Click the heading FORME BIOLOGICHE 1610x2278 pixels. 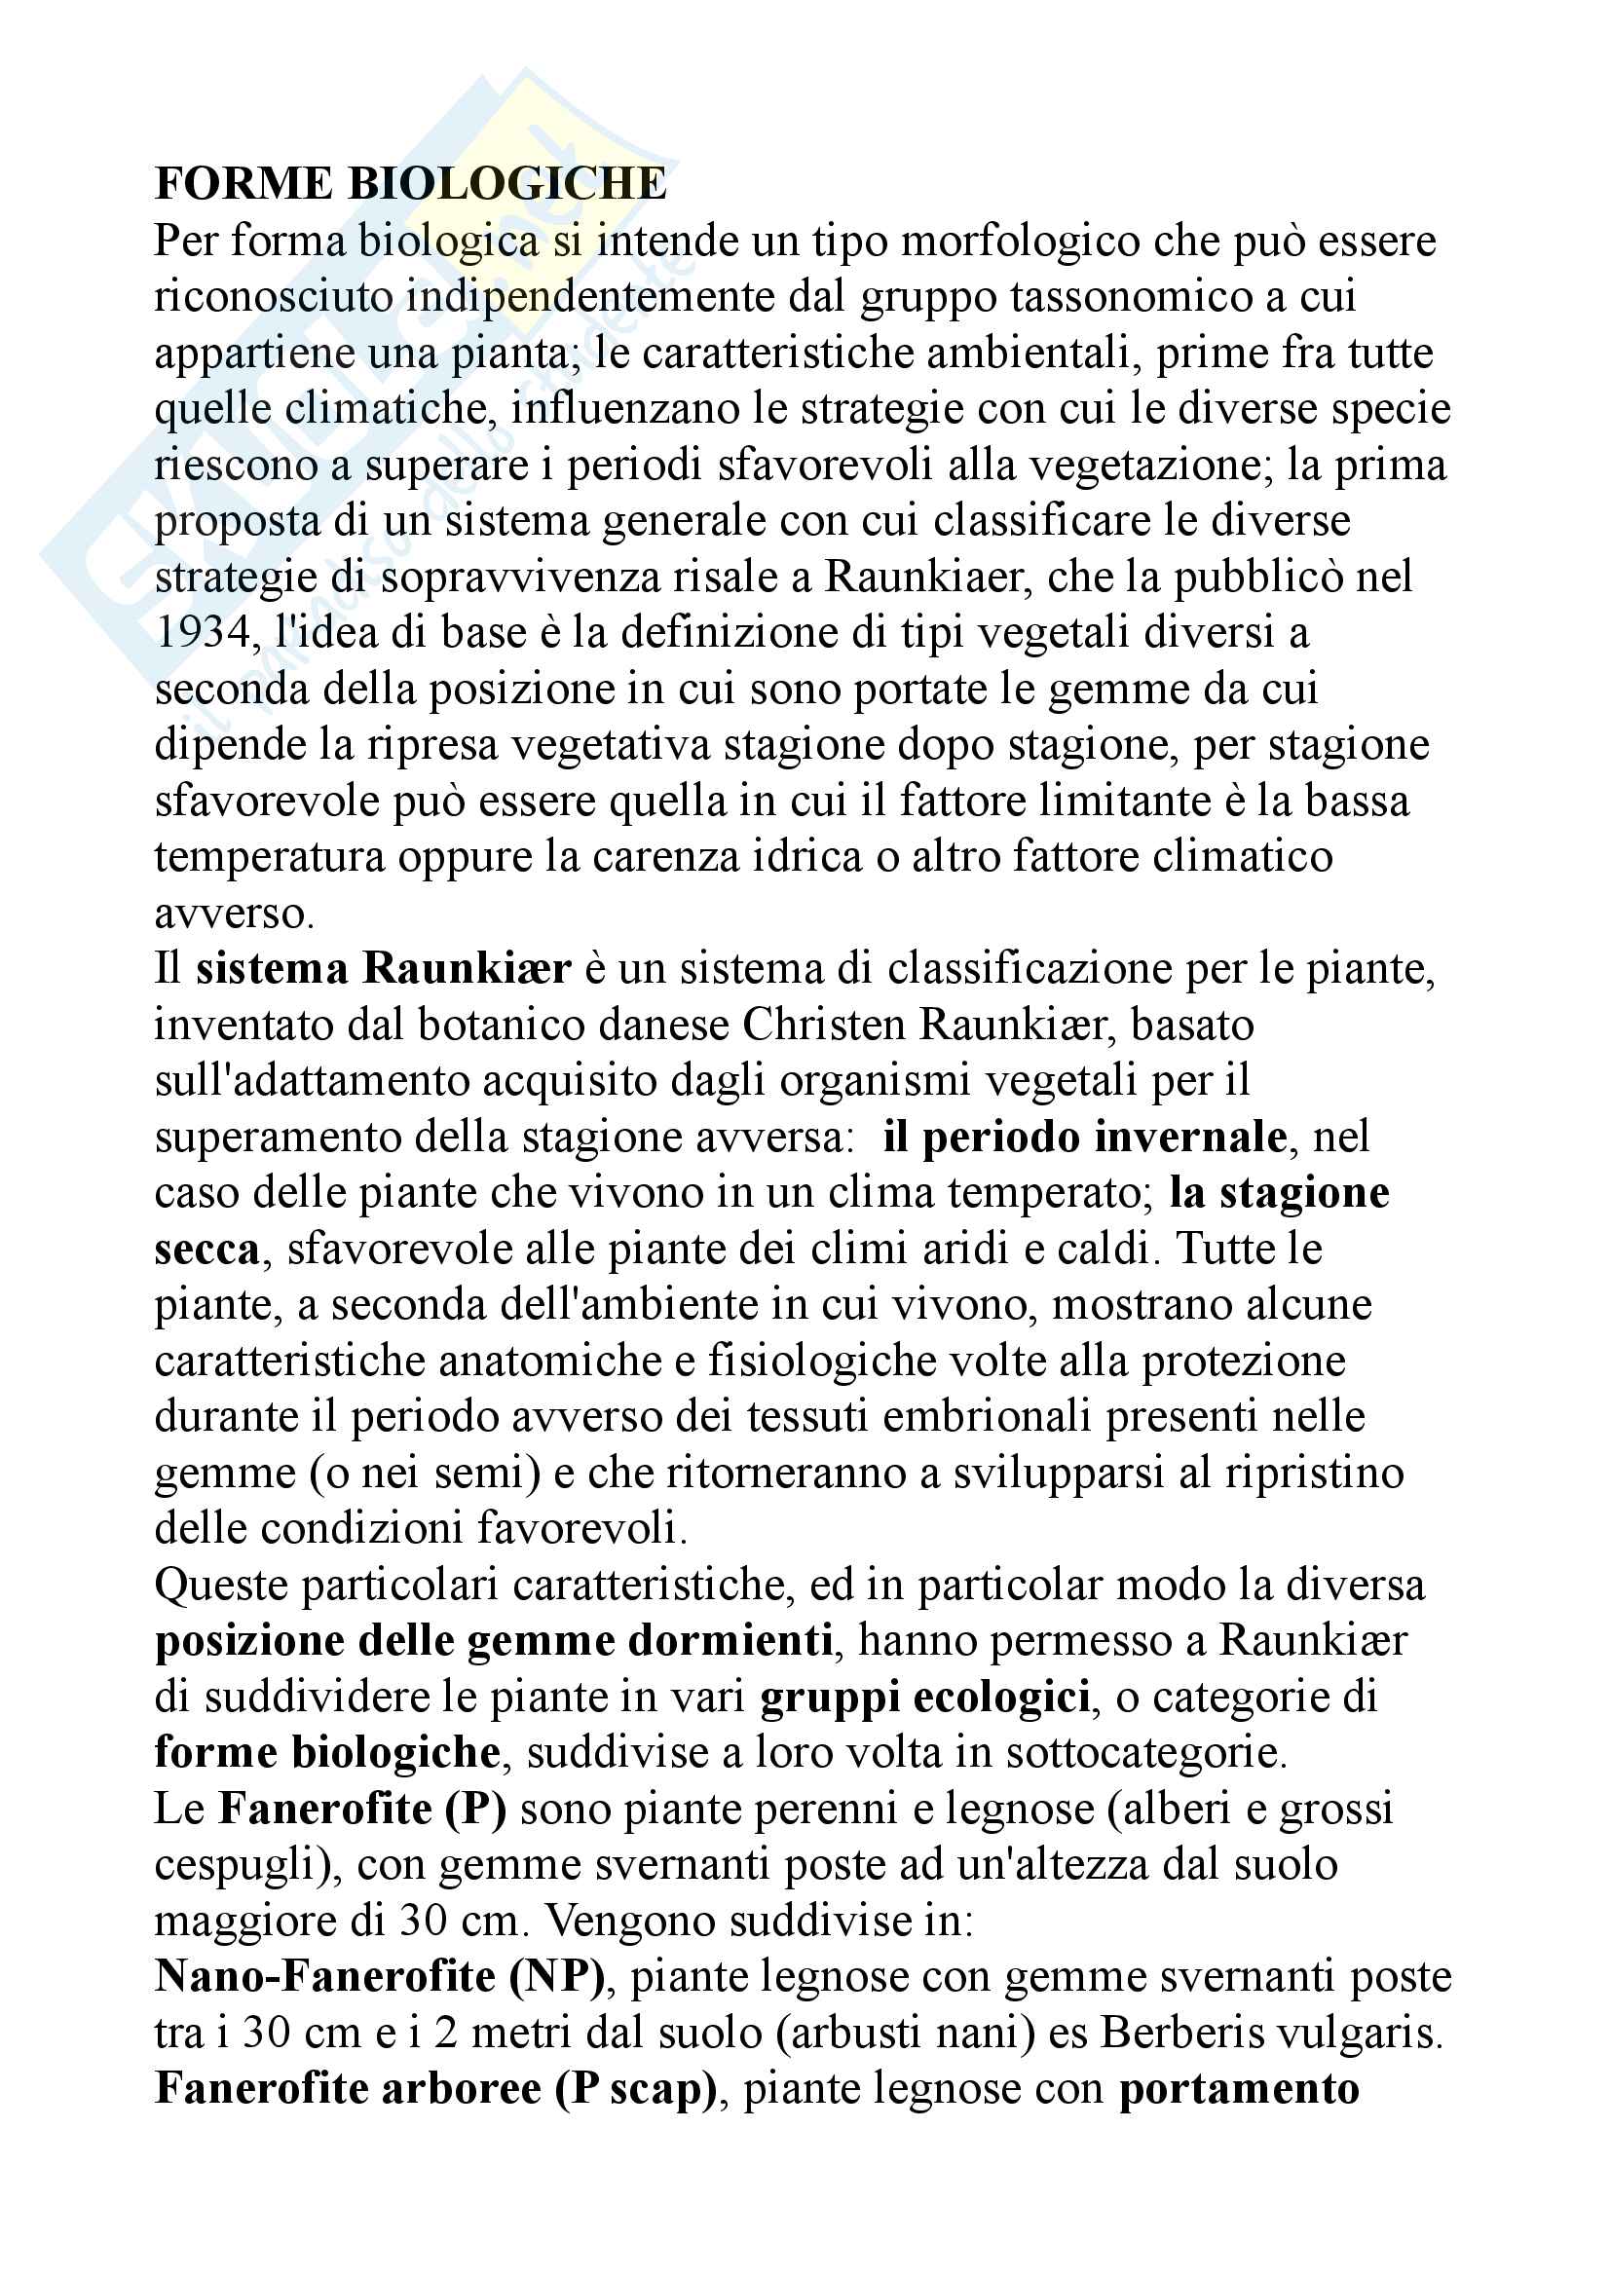tap(411, 184)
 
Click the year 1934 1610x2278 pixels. tap(203, 633)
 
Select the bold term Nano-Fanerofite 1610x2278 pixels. tap(324, 1976)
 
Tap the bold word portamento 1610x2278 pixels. tap(1239, 2088)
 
